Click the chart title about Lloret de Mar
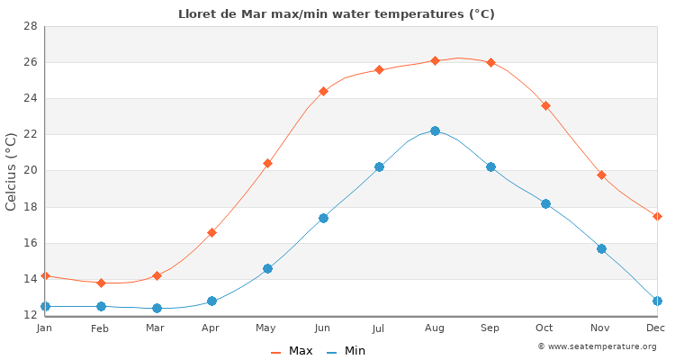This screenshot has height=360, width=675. [337, 13]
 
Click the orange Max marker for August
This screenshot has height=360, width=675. [435, 60]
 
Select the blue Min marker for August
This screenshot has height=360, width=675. [435, 130]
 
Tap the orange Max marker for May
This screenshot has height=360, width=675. [267, 163]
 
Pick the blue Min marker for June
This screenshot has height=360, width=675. [323, 218]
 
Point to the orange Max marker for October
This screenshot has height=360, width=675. [545, 105]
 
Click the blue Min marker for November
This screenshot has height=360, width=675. [601, 248]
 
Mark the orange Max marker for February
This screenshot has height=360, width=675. [101, 283]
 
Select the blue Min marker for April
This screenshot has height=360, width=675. [211, 301]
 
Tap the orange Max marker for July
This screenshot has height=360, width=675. [379, 69]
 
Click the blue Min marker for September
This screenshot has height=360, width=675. [490, 166]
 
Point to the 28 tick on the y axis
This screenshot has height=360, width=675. [30, 26]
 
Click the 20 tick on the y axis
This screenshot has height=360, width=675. [30, 171]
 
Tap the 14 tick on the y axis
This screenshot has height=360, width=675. [30, 279]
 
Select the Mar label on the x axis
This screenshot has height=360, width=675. [156, 328]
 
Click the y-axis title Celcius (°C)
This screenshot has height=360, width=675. [12, 171]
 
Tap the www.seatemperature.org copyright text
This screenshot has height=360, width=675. [597, 346]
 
